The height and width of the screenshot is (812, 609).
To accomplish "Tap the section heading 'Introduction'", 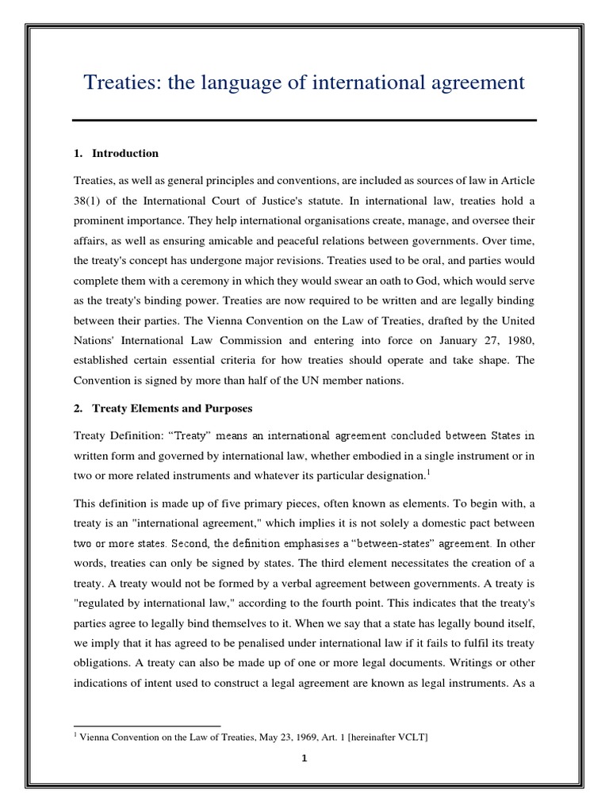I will (125, 153).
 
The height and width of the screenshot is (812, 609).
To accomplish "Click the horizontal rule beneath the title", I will (304, 121).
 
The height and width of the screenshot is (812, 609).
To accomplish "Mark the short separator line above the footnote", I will (147, 725).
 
